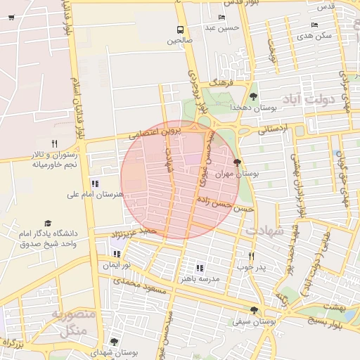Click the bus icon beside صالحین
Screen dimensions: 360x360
pos(181,30)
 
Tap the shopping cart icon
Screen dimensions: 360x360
pos(11,18)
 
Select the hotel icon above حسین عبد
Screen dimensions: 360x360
pos(222,18)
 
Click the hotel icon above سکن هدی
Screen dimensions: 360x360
pos(314,25)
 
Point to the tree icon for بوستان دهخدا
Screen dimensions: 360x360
pos(253,96)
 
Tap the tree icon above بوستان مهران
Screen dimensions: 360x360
pos(236,161)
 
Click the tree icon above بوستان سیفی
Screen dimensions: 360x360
pos(253,309)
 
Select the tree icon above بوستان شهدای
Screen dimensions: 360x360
pos(114,342)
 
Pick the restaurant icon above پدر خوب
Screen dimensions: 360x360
pos(251,256)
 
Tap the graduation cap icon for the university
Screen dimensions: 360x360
pos(48,223)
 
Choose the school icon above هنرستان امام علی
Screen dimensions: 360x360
pos(95,184)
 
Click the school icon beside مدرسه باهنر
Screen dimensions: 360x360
pos(200,268)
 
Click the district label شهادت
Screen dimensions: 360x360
pos(264,229)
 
